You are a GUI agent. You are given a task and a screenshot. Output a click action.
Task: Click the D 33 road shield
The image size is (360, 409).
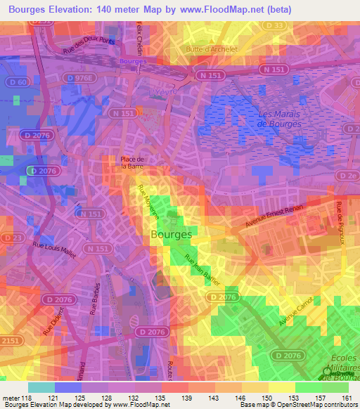[x=278, y=26]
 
